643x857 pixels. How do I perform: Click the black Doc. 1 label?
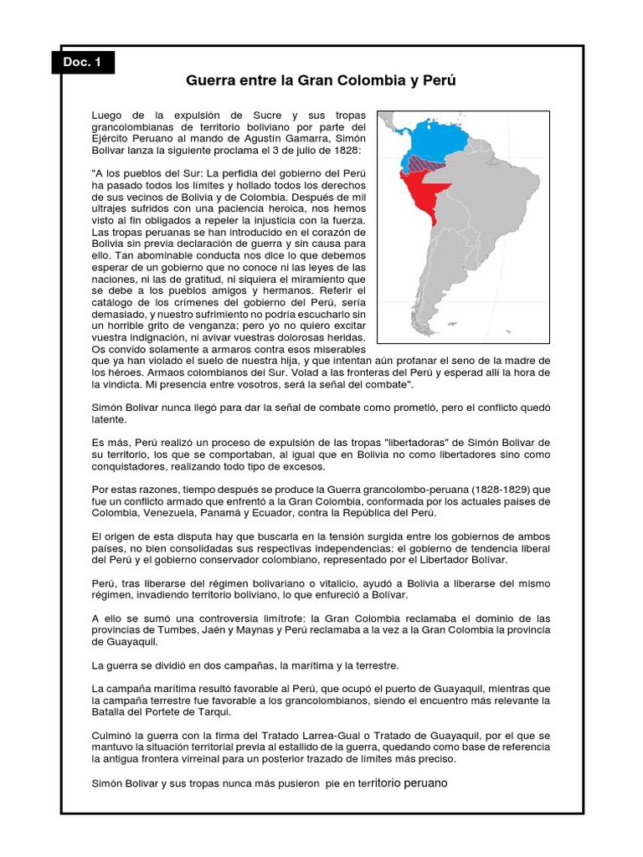click(83, 63)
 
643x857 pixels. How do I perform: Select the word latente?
click(109, 419)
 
